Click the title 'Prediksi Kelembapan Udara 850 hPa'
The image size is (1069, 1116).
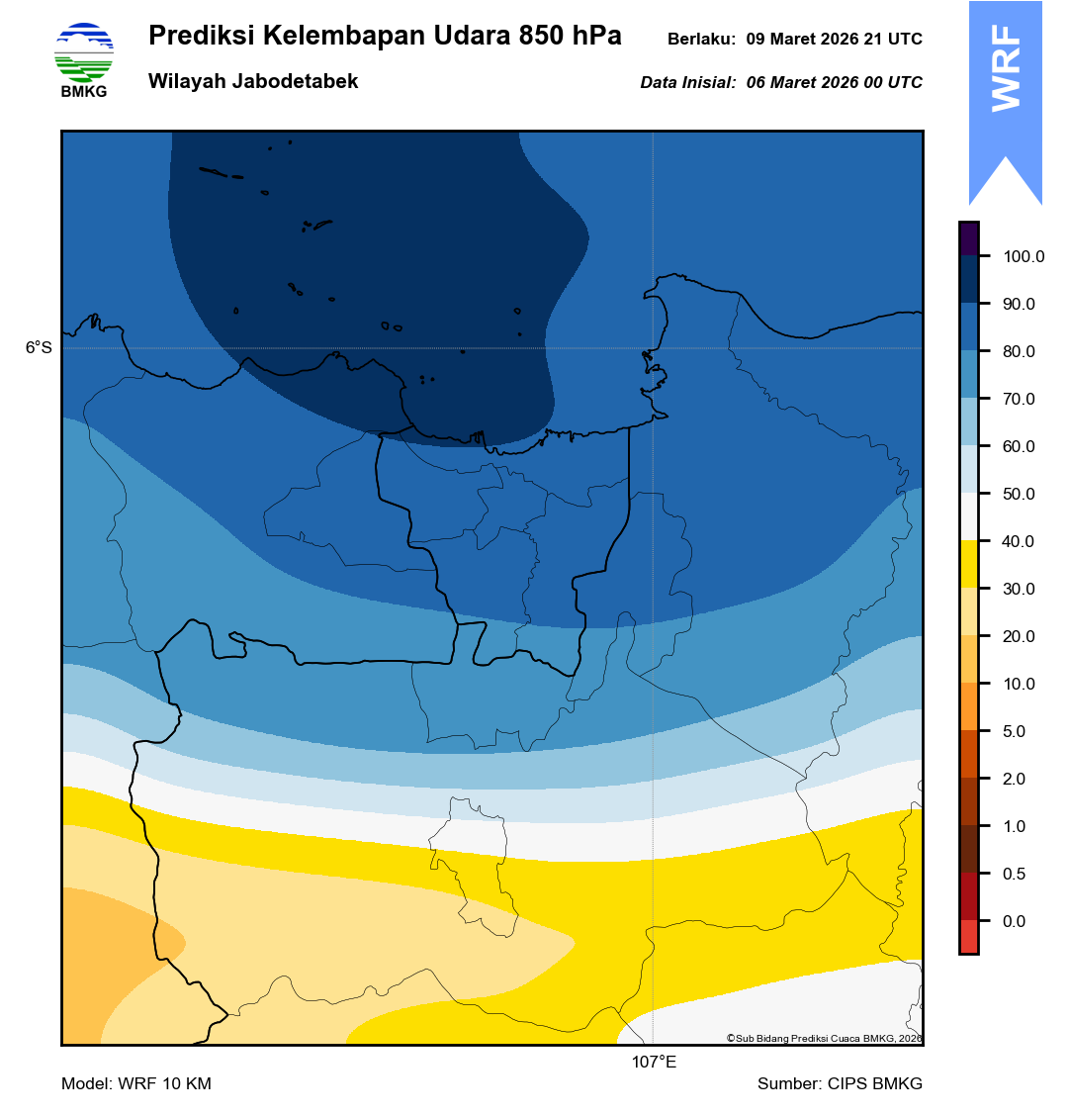pos(385,37)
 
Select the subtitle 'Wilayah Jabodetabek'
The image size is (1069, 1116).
pos(253,82)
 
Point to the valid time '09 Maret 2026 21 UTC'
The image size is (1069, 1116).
pos(834,40)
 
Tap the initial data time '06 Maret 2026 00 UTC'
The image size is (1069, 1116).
pos(834,83)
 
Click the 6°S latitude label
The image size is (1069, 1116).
pos(39,348)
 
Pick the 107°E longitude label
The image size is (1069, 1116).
pos(654,1063)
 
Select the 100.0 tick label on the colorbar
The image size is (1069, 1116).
pos(1024,257)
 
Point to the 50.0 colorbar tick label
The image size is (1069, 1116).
pos(1019,495)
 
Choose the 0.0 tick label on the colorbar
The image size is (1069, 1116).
pos(1015,922)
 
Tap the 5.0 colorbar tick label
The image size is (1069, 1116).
pos(1015,732)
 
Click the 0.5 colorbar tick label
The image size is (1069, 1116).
pos(1015,875)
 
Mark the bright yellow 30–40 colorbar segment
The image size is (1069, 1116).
pos(968,565)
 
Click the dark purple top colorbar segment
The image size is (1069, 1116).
pos(968,238)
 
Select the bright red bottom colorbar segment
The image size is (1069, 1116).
pos(968,937)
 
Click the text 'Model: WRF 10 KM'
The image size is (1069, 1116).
pos(136,1084)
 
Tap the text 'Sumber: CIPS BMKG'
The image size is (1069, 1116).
pos(840,1084)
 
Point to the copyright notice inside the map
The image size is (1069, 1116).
pos(824,1038)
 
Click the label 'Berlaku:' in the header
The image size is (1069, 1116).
pos(701,40)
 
